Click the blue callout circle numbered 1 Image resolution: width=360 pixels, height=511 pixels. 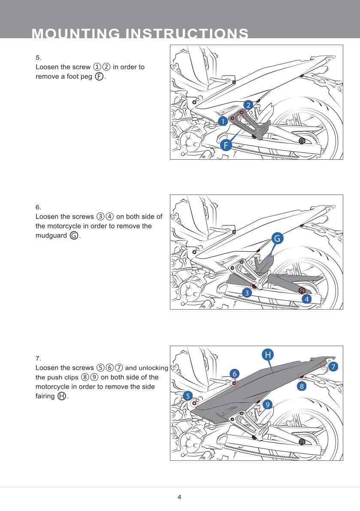pos(222,121)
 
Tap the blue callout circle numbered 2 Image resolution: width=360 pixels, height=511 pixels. pos(248,105)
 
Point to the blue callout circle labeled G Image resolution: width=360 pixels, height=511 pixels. pos(278,238)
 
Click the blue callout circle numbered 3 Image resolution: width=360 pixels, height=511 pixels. pos(246,293)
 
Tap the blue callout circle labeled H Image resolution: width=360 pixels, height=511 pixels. pos(268,355)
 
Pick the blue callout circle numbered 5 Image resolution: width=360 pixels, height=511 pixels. pos(188,395)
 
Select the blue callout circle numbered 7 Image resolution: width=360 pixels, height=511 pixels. pos(333,366)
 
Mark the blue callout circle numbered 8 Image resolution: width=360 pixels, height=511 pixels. pos(302,386)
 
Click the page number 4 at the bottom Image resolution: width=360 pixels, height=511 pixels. pos(179,497)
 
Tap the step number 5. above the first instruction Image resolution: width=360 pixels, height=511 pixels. pos(38,58)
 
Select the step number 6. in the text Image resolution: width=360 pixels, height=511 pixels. pos(38,207)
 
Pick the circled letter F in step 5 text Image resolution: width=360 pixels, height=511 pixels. pos(99,76)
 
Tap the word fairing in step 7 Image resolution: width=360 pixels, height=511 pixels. pos(45,395)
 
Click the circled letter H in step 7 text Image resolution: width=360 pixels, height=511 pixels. pos(62,396)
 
